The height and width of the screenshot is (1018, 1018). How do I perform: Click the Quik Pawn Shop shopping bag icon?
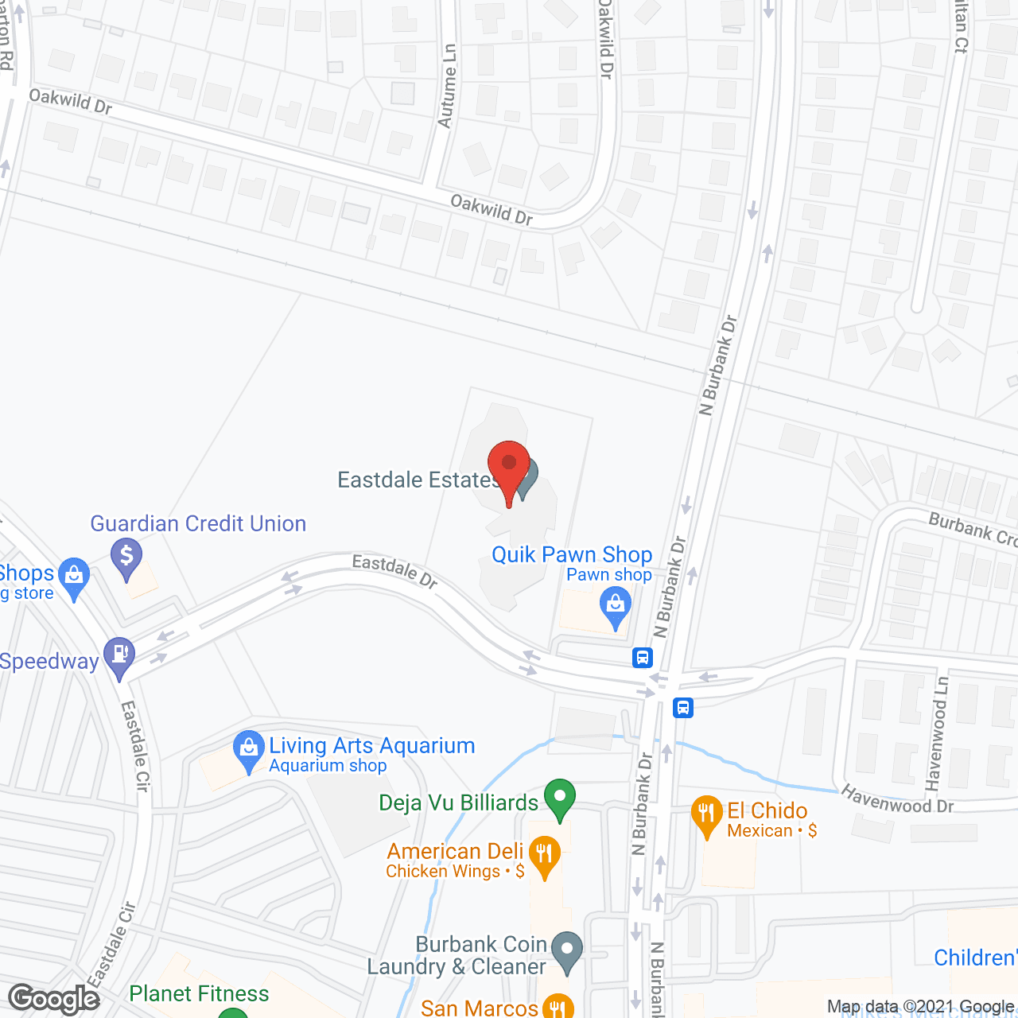point(616,605)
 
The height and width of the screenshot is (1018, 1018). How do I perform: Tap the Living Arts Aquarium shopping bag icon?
point(249,749)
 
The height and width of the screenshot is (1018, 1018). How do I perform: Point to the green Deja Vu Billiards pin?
point(560,798)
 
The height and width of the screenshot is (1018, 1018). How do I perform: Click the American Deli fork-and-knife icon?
point(544,855)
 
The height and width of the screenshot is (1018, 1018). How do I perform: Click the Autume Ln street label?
point(448,87)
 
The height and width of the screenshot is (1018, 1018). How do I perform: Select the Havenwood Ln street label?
point(941,732)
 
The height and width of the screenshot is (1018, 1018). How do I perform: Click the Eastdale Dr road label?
point(394,571)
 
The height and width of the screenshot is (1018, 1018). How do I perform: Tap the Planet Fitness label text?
point(199,993)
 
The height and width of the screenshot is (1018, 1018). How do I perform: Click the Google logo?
point(54,999)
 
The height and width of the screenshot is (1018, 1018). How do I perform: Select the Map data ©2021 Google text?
point(920,1007)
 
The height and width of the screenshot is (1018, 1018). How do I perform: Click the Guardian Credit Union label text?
point(198,523)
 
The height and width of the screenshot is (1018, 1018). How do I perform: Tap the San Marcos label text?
point(480,1008)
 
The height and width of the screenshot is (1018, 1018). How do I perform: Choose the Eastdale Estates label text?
point(418,480)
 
